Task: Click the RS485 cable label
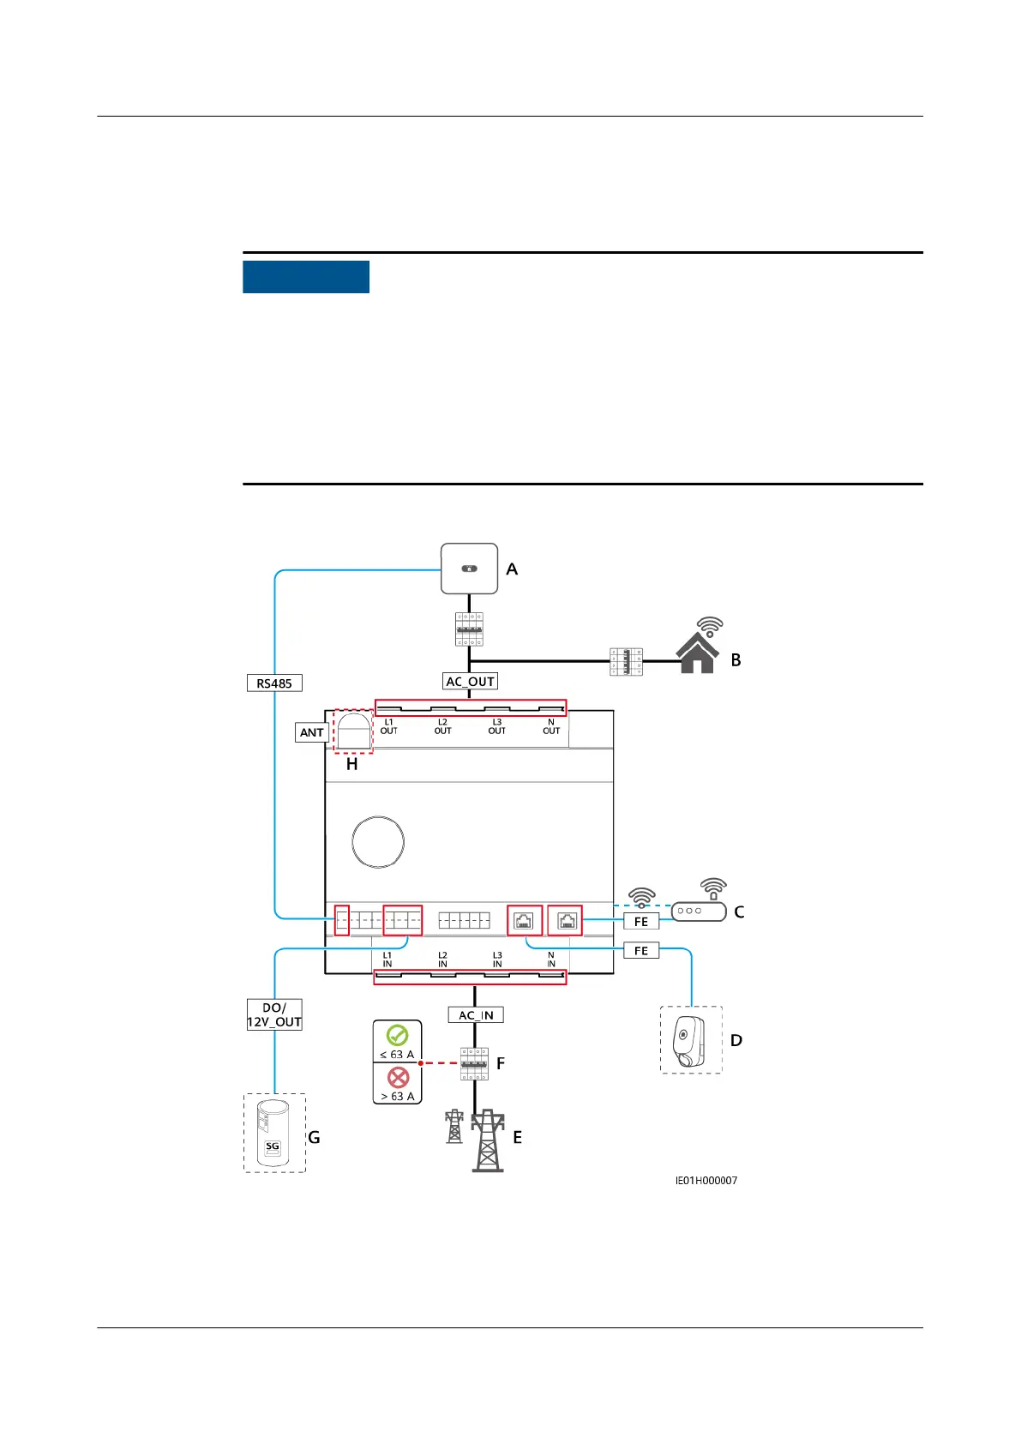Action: (274, 683)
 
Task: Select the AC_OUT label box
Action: (471, 682)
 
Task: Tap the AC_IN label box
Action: (476, 1015)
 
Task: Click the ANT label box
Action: (311, 732)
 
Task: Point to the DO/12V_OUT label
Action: (274, 1014)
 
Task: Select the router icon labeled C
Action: (699, 911)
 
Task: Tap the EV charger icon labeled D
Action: (690, 1041)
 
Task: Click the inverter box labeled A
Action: (469, 569)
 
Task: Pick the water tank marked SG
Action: (273, 1134)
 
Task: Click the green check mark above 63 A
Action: (397, 1036)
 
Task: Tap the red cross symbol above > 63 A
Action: (398, 1078)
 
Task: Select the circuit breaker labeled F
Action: (474, 1063)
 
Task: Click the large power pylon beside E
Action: (488, 1140)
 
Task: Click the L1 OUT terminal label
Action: (388, 726)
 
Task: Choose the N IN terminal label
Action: (551, 960)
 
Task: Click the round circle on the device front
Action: (378, 842)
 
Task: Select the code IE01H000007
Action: (706, 1181)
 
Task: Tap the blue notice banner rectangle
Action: (306, 277)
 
